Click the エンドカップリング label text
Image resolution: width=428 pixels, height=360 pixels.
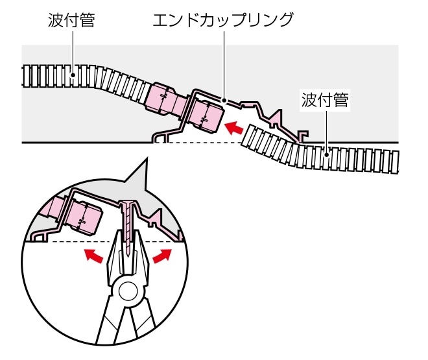(x=222, y=19)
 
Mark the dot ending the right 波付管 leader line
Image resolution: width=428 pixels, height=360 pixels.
(x=327, y=152)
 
